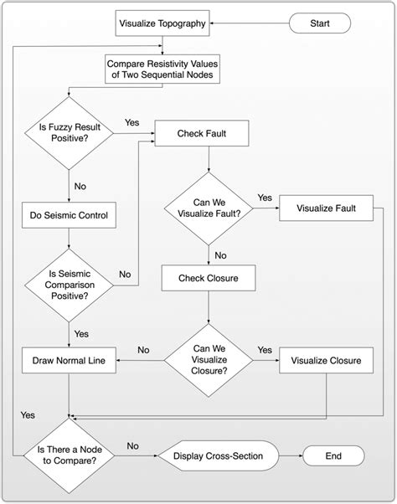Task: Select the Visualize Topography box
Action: (162, 23)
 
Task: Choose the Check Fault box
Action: (201, 133)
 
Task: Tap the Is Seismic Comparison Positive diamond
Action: (68, 280)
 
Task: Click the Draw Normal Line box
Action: (68, 361)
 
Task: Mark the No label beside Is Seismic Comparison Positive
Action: (124, 274)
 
